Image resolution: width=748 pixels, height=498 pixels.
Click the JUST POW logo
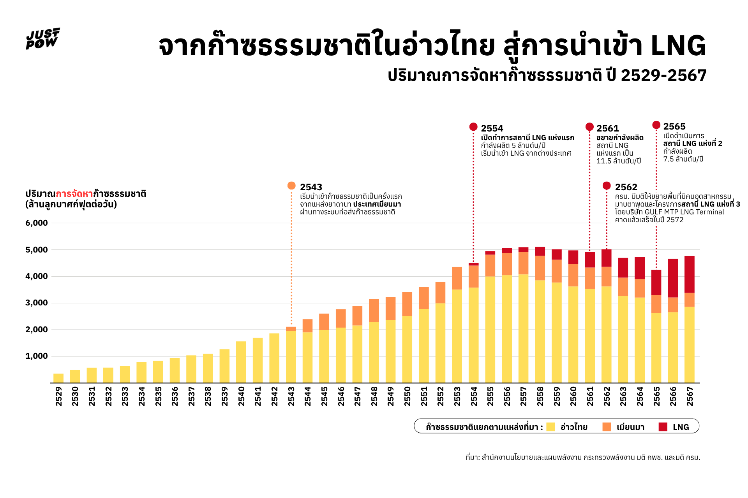pyautogui.click(x=43, y=39)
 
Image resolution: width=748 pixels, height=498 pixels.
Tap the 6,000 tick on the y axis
pyautogui.click(x=37, y=223)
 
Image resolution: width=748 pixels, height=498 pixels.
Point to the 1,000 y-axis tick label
pyautogui.click(x=37, y=356)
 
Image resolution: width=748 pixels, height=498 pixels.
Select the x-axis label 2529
pyautogui.click(x=59, y=396)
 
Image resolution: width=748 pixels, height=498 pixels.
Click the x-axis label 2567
pyautogui.click(x=690, y=396)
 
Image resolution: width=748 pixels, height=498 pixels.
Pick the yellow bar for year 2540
pyautogui.click(x=241, y=362)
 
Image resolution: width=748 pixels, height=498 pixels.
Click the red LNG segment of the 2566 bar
pyautogui.click(x=673, y=278)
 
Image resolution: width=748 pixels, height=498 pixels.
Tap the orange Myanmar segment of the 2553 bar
pyautogui.click(x=457, y=278)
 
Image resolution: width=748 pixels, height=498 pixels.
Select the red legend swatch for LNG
pyautogui.click(x=663, y=427)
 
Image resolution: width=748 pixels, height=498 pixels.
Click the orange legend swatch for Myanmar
pyautogui.click(x=607, y=427)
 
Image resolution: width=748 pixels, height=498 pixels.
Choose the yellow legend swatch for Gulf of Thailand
pyautogui.click(x=550, y=427)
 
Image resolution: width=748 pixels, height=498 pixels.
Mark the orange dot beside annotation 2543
pyautogui.click(x=291, y=186)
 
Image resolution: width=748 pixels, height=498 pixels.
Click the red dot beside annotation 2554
pyautogui.click(x=473, y=127)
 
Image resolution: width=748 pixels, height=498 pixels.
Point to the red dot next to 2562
pyautogui.click(x=607, y=186)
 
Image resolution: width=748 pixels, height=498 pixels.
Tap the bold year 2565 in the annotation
pyautogui.click(x=674, y=126)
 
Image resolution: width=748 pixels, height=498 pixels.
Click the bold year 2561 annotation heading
pyautogui.click(x=607, y=128)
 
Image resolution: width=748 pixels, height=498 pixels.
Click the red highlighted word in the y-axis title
pyautogui.click(x=74, y=194)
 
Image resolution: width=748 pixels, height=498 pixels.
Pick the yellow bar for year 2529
pyautogui.click(x=58, y=378)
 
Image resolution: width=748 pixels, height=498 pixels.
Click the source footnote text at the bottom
pyautogui.click(x=583, y=458)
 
